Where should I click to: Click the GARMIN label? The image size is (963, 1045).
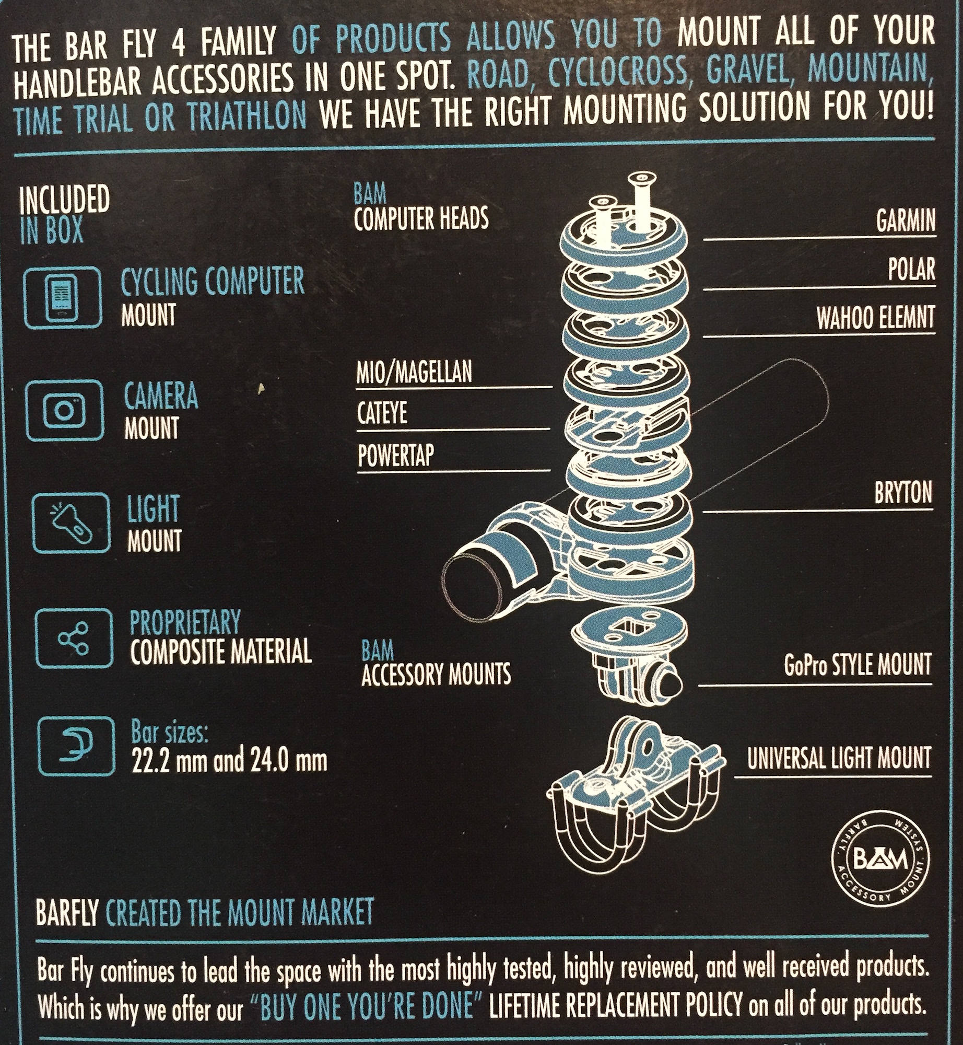click(906, 221)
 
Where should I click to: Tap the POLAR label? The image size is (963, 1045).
click(911, 270)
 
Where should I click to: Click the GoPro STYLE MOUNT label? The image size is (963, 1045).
click(858, 665)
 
